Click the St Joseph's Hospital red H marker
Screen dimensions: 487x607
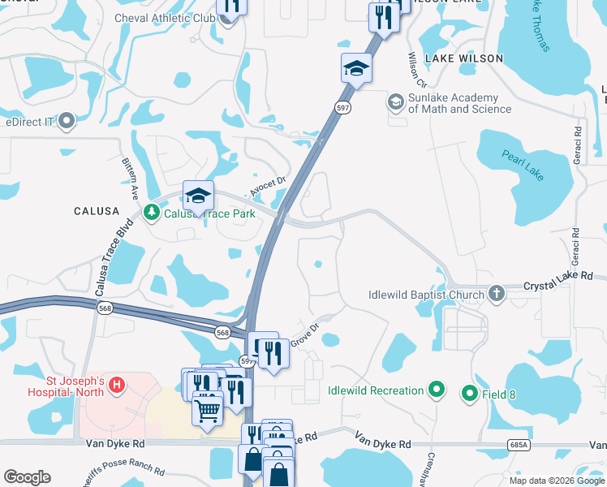pos(117,383)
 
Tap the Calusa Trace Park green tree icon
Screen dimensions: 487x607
pos(151,213)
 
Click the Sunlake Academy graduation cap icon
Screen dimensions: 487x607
pos(395,101)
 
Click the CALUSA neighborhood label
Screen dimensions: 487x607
pos(97,211)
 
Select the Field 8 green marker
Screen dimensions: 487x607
pos(469,394)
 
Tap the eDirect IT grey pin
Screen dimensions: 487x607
pos(67,122)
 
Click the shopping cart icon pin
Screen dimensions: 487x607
pos(208,410)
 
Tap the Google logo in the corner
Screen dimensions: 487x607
pos(27,477)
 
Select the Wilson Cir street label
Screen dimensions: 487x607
pos(418,71)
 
